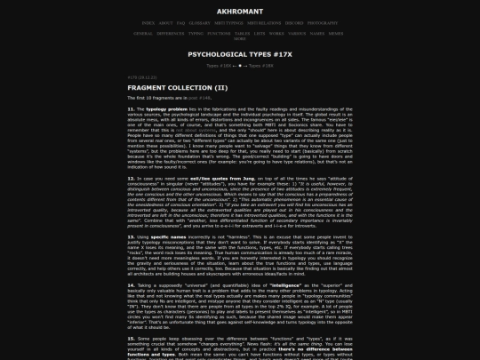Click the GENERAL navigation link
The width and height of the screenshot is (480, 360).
[142, 33]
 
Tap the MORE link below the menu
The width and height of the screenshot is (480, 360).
[239, 38]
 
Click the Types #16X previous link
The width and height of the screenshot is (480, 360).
[218, 66]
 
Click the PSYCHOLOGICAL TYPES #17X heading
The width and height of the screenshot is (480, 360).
[239, 54]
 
